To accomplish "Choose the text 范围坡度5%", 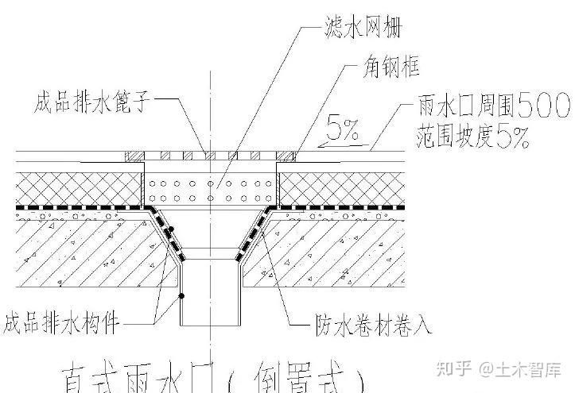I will [472, 140].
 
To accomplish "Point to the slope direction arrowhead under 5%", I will [321, 146].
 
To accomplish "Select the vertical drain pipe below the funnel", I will [210, 294].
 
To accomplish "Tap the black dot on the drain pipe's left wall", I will [182, 296].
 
